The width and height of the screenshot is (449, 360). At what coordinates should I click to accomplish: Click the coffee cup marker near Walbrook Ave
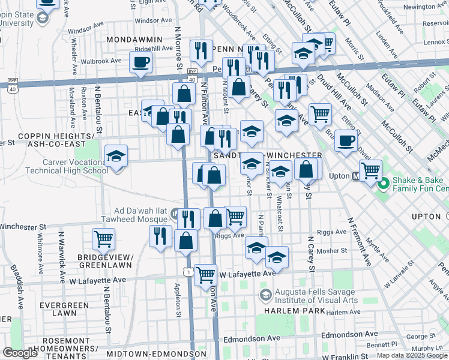(141, 62)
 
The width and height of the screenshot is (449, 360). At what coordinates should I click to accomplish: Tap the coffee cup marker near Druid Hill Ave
(345, 141)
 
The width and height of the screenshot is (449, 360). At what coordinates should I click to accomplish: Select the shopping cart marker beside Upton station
(370, 170)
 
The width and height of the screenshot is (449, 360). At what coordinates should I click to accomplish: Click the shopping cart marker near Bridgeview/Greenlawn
(103, 239)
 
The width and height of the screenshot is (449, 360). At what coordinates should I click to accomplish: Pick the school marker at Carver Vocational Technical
(116, 157)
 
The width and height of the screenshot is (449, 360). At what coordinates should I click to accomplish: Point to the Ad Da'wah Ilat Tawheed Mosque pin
(175, 213)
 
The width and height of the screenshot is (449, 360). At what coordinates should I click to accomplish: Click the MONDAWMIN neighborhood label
(134, 39)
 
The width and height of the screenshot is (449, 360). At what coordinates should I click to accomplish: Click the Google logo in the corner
(20, 353)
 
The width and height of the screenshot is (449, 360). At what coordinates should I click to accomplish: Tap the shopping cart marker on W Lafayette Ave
(206, 274)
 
